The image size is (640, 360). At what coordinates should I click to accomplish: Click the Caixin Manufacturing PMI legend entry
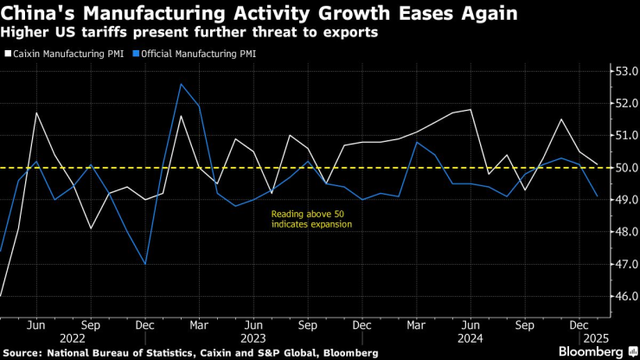pyautogui.click(x=63, y=53)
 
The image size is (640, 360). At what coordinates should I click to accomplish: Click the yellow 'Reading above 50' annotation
pyautogui.click(x=311, y=218)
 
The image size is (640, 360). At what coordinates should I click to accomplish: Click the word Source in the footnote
pyautogui.click(x=22, y=352)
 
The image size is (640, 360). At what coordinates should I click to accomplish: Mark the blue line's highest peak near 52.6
pyautogui.click(x=181, y=84)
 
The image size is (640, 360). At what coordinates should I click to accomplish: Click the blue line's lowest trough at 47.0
pyautogui.click(x=144, y=264)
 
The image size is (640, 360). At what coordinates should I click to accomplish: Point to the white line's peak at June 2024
pyautogui.click(x=470, y=110)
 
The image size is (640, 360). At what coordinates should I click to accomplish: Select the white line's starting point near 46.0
pyautogui.click(x=1, y=296)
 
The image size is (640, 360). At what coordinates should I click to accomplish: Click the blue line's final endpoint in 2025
pyautogui.click(x=597, y=196)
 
